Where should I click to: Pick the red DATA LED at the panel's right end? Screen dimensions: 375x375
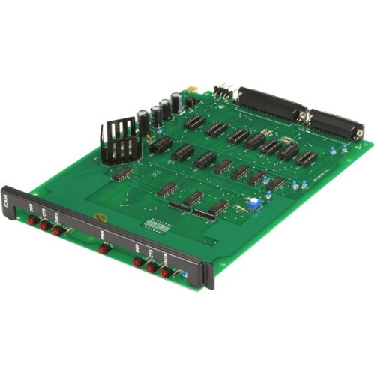(164, 272)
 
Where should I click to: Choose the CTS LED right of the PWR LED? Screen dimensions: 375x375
(150, 267)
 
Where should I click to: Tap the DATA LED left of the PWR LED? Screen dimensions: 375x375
(57, 231)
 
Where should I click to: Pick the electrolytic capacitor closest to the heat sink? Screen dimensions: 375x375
(142, 121)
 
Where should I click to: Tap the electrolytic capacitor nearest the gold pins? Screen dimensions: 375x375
(175, 102)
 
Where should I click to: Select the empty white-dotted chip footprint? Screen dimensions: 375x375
(155, 223)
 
